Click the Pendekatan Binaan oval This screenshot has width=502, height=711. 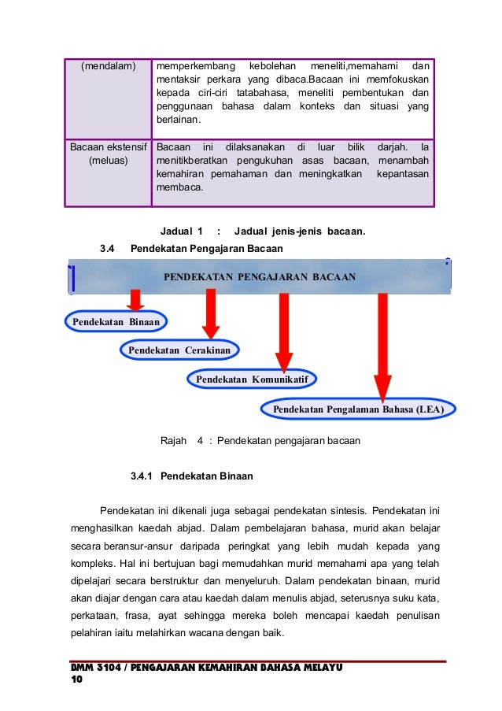[116, 321]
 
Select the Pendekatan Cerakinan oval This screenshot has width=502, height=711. [179, 350]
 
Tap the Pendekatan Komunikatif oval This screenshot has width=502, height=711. [251, 380]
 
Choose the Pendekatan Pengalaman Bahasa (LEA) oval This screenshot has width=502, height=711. [358, 409]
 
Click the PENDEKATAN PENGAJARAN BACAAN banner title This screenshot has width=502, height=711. [260, 277]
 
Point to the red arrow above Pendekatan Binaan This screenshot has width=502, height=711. [135, 300]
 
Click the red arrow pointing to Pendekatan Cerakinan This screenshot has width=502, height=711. [210, 313]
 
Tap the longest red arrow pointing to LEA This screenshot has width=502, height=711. [382, 345]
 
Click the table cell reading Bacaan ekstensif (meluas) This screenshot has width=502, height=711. [108, 154]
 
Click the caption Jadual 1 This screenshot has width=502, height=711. [181, 231]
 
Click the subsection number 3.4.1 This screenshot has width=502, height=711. [144, 476]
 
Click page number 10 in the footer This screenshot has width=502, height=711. [76, 679]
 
